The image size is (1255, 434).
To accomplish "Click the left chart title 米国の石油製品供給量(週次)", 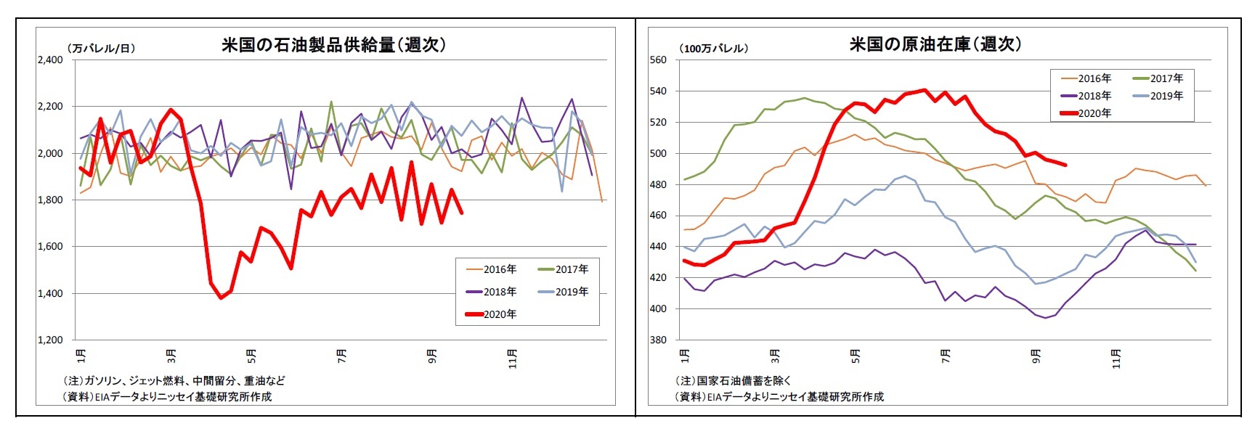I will (333, 45).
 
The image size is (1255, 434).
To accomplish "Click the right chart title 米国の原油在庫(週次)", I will (935, 44).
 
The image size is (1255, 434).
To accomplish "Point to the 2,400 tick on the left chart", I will (50, 60).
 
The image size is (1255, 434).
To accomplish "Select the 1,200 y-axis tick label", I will (50, 340).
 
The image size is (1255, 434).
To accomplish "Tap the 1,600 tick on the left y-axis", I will (50, 247).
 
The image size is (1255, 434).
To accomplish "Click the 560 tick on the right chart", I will (657, 60).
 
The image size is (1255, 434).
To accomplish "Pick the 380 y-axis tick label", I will (657, 340).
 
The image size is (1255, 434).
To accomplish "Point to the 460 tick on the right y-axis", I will (657, 216).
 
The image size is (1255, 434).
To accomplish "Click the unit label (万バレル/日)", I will (102, 49).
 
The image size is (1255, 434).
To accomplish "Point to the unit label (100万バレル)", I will (713, 49).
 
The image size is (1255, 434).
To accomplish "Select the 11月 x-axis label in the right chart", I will (1116, 359).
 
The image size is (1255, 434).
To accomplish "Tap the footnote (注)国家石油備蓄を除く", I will (733, 380).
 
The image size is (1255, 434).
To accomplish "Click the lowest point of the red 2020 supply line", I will (221, 298).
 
